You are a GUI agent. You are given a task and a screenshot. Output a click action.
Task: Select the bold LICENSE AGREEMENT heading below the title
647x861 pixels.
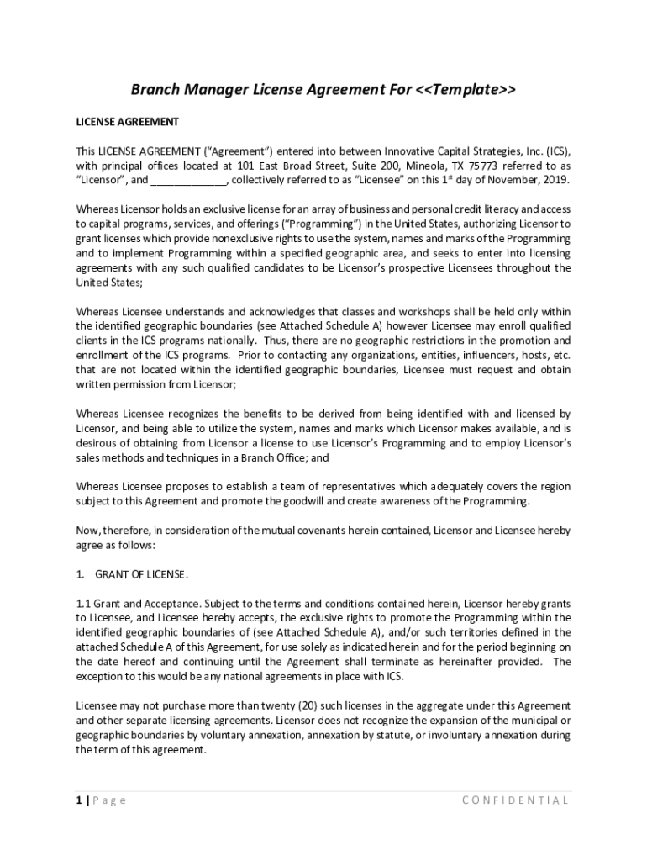pyautogui.click(x=128, y=122)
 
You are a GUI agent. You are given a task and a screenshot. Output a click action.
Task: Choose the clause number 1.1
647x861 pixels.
pyautogui.click(x=83, y=604)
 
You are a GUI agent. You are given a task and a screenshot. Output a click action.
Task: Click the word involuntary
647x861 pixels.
pyautogui.click(x=462, y=735)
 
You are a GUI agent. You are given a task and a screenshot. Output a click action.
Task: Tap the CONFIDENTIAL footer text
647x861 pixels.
pyautogui.click(x=516, y=800)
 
